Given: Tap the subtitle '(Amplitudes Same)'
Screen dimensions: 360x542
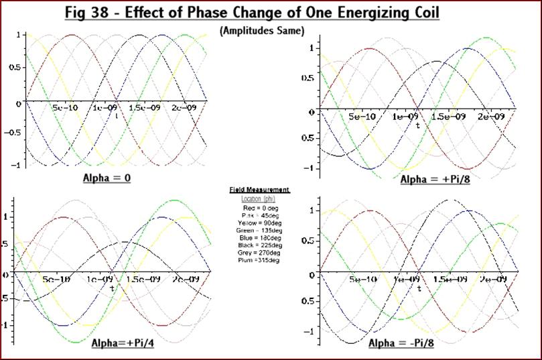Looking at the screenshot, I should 261,30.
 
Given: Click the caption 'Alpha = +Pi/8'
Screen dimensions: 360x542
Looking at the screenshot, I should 433,180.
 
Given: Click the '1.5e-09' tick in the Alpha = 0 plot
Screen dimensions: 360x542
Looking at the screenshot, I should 144,108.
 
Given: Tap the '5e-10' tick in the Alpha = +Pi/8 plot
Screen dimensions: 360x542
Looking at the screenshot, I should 362,117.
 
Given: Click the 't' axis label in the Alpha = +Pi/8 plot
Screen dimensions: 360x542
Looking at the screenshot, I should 417,125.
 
